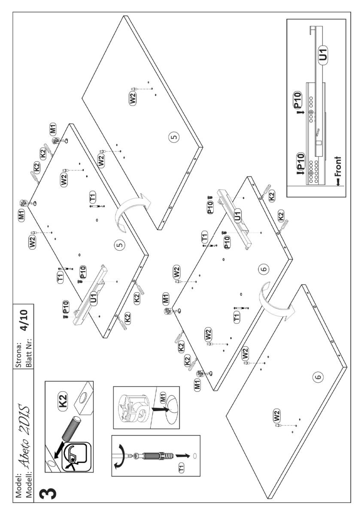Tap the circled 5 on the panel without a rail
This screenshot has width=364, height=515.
[173, 137]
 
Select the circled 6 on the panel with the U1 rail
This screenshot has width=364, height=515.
[264, 270]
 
